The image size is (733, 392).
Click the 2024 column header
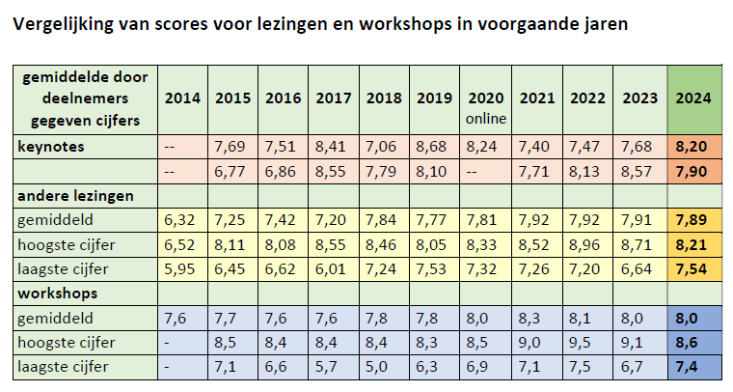click(694, 98)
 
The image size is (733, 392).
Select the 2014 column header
click(182, 98)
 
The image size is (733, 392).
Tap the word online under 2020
click(486, 119)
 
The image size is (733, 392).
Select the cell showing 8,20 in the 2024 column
click(694, 146)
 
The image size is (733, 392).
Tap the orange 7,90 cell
click(694, 171)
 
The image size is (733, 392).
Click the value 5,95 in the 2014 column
click(182, 266)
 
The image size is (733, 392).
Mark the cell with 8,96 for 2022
click(587, 242)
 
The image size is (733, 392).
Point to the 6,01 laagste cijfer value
click(333, 266)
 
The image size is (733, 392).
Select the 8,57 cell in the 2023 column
click(638, 171)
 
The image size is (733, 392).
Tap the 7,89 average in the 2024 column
click(694, 219)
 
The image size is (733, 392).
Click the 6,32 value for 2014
click(182, 219)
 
